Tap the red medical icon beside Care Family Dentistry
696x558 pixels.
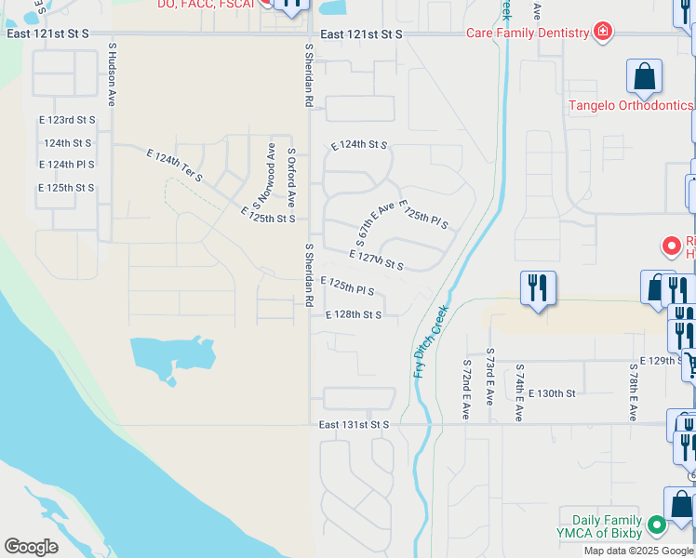pyautogui.click(x=604, y=32)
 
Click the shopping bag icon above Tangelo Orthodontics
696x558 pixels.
pyautogui.click(x=644, y=77)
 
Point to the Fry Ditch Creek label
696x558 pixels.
pyautogui.click(x=431, y=340)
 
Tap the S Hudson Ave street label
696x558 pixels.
pyautogui.click(x=112, y=73)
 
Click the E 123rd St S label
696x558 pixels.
pyautogui.click(x=67, y=121)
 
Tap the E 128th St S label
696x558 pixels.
pyautogui.click(x=354, y=315)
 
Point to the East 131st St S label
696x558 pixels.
pyautogui.click(x=353, y=425)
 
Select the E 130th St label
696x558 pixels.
pyautogui.click(x=552, y=393)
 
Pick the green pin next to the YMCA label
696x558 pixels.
pyautogui.click(x=657, y=526)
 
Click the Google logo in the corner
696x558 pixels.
pyautogui.click(x=31, y=547)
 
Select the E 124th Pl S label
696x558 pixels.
pyautogui.click(x=67, y=165)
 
